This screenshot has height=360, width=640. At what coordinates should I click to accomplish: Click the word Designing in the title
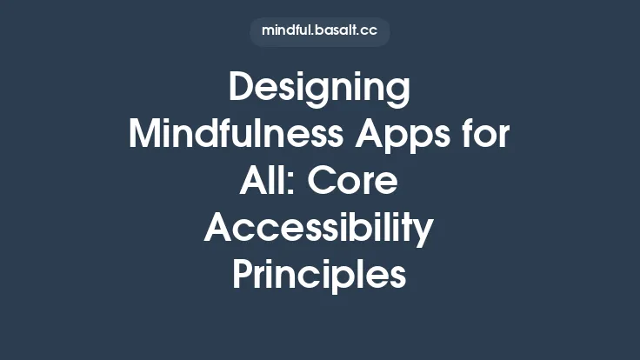click(x=319, y=90)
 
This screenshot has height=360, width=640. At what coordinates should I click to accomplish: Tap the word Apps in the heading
click(x=410, y=136)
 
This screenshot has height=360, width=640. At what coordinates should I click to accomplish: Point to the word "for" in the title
click(x=487, y=136)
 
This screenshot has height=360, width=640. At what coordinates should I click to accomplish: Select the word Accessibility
click(x=319, y=228)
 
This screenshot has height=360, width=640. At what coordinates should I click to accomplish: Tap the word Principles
click(x=319, y=275)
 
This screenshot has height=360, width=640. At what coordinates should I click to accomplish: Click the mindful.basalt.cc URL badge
click(x=319, y=30)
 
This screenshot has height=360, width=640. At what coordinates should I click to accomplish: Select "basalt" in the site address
click(x=335, y=30)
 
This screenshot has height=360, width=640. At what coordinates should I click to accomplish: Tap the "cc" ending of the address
click(x=370, y=30)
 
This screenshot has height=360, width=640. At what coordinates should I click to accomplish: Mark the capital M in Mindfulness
click(x=143, y=136)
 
